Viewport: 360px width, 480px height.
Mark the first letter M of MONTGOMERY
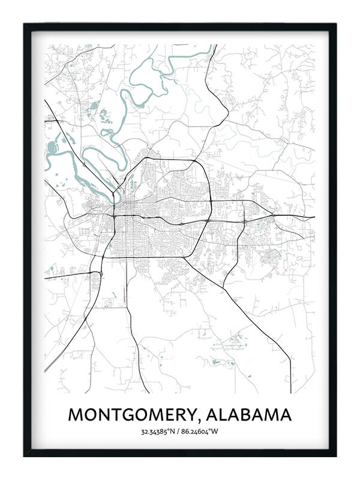tap(76, 415)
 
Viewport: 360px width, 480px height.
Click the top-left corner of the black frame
tap(25, 25)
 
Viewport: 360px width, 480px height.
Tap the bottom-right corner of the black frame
tap(335, 455)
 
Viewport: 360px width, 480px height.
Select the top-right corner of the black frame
tap(335, 25)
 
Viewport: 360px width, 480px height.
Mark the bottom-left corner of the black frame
tap(25, 455)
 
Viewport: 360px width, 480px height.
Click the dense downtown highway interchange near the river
tap(115, 214)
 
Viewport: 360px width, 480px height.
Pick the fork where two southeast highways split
tap(223, 287)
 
